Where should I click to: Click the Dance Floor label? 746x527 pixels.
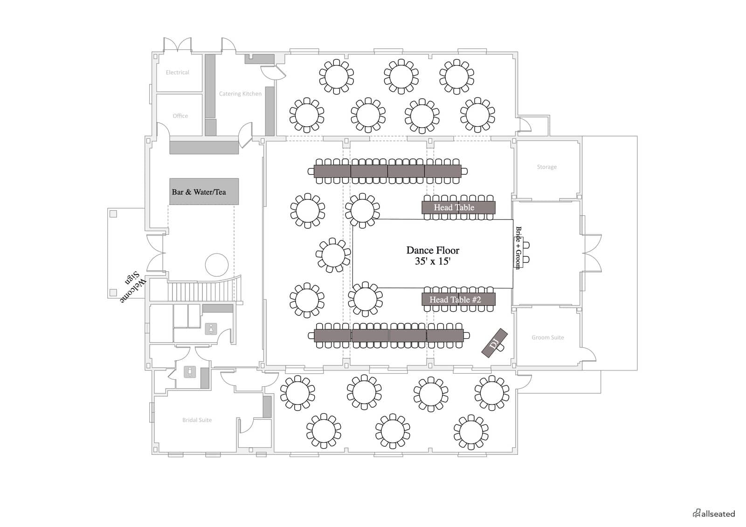(x=433, y=250)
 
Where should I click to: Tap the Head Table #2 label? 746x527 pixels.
(x=455, y=300)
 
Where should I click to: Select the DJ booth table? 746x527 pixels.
(x=495, y=343)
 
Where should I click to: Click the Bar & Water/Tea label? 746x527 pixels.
(x=199, y=192)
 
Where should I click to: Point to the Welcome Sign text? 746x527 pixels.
(x=133, y=287)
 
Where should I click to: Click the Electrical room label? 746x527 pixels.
(x=178, y=72)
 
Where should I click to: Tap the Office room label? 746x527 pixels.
(x=180, y=116)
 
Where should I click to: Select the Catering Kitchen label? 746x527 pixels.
(x=240, y=94)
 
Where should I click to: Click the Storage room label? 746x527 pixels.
(x=546, y=167)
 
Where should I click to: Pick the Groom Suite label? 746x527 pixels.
(x=547, y=337)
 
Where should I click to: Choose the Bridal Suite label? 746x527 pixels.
(x=197, y=420)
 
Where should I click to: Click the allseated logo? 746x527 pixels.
(x=714, y=513)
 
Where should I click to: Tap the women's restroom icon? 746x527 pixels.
(x=211, y=329)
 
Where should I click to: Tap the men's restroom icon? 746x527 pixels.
(x=190, y=372)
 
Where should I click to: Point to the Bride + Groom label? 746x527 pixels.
(x=518, y=248)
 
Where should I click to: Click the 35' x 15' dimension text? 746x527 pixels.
(x=433, y=261)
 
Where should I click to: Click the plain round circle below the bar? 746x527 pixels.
(x=217, y=265)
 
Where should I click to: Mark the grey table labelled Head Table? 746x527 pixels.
(x=458, y=207)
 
